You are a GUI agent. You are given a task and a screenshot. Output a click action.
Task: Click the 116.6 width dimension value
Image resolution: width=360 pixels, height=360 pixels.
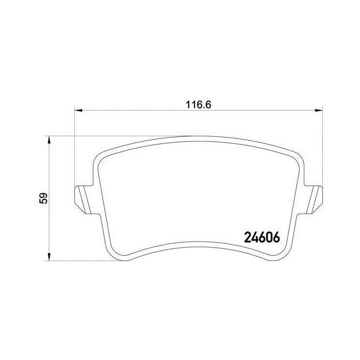[x=198, y=105]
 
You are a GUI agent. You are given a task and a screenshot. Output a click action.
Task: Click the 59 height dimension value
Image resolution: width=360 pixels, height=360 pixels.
[x=43, y=198]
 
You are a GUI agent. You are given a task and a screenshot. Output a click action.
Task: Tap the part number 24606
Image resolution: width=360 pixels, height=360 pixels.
[x=262, y=237]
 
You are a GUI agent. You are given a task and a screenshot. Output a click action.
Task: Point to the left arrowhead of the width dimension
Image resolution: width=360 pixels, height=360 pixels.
[x=79, y=110]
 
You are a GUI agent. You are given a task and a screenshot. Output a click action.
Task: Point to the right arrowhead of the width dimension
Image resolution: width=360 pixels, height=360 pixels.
[x=319, y=110]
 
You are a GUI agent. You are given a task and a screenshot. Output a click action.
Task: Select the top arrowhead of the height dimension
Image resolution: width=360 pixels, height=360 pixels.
[x=48, y=140]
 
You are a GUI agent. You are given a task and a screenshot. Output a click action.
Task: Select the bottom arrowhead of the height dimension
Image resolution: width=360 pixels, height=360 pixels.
[x=48, y=257]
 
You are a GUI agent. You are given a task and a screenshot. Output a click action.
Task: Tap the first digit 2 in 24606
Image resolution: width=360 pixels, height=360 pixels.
[x=248, y=237]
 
